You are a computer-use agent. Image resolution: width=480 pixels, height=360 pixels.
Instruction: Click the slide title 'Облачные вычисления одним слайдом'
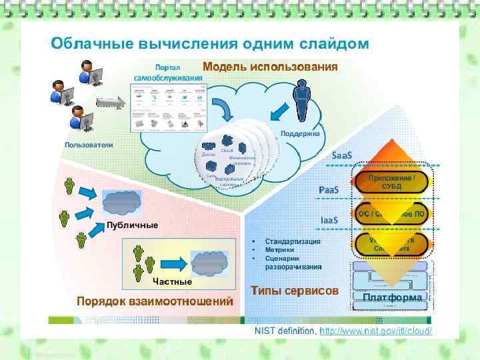[210, 44]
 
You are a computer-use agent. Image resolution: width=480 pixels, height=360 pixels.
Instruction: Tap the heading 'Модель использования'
[270, 67]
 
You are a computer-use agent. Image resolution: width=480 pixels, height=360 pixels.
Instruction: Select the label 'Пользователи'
[89, 145]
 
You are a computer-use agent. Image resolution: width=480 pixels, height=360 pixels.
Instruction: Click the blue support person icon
[303, 99]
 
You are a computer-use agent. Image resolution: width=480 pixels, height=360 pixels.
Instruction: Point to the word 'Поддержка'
[300, 133]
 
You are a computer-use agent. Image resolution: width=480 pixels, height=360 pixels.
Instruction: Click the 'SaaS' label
[341, 155]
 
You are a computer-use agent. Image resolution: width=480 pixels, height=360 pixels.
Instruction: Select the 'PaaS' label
[328, 190]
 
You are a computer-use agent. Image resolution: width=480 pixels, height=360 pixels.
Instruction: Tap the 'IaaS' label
[329, 219]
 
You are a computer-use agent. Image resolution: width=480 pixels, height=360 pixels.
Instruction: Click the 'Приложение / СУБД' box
[391, 181]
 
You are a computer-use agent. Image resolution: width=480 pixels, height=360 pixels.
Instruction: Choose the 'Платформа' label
[392, 297]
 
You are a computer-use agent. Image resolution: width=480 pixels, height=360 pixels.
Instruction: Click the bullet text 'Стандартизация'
[293, 241]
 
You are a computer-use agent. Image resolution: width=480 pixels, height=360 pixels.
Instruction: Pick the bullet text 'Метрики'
[280, 249]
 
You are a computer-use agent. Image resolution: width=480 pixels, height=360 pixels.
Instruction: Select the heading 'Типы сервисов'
[295, 291]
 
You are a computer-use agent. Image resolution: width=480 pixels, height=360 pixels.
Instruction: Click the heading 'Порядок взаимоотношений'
[155, 301]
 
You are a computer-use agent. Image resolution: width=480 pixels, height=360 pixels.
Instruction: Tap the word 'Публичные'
[132, 225]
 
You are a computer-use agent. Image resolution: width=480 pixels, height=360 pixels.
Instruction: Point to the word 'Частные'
[172, 282]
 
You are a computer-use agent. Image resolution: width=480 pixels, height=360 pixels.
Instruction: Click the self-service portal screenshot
[169, 109]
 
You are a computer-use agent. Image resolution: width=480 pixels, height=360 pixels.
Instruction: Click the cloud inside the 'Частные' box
[209, 262]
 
